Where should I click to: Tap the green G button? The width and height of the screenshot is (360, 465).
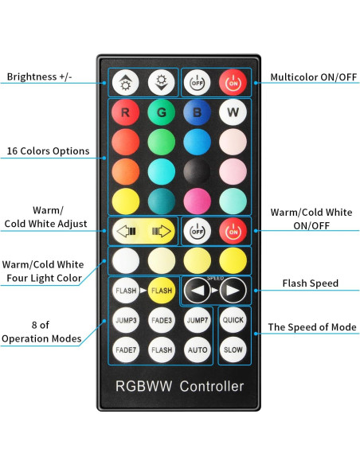161,112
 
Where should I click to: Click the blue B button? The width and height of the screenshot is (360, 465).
197,112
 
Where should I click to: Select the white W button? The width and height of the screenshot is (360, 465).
233,112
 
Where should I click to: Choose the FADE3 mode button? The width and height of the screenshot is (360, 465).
162,320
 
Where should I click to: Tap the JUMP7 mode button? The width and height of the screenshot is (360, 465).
198,320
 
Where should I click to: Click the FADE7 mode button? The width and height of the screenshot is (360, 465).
125,349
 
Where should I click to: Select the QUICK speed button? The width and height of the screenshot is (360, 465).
233,320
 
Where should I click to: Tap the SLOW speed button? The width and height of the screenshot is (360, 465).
233,349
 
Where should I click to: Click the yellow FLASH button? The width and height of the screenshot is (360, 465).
162,291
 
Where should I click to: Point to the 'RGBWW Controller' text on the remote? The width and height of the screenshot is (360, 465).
179,386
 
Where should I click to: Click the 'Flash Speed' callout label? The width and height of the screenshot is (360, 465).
311,283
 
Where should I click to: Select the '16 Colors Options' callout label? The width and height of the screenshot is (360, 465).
48,150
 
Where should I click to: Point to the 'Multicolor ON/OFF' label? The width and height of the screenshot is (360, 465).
313,77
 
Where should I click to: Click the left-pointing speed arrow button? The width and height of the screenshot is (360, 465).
198,291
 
